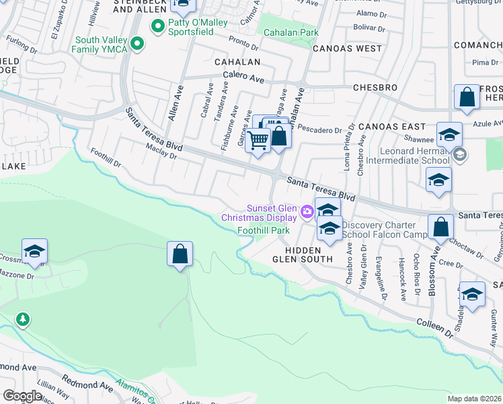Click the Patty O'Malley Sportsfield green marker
pyautogui.click(x=159, y=28)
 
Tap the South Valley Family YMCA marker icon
pyautogui.click(x=137, y=44)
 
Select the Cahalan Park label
pyautogui.click(x=291, y=32)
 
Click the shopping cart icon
pyautogui.click(x=258, y=141)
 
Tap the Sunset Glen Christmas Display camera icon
pyautogui.click(x=307, y=212)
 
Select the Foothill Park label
pyautogui.click(x=264, y=230)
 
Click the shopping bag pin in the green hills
pyautogui.click(x=180, y=254)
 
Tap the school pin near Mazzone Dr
pyautogui.click(x=34, y=252)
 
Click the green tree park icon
pyautogui.click(x=23, y=318)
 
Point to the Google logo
pyautogui.click(x=22, y=396)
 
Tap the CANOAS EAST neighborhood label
pyautogui.click(x=391, y=127)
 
